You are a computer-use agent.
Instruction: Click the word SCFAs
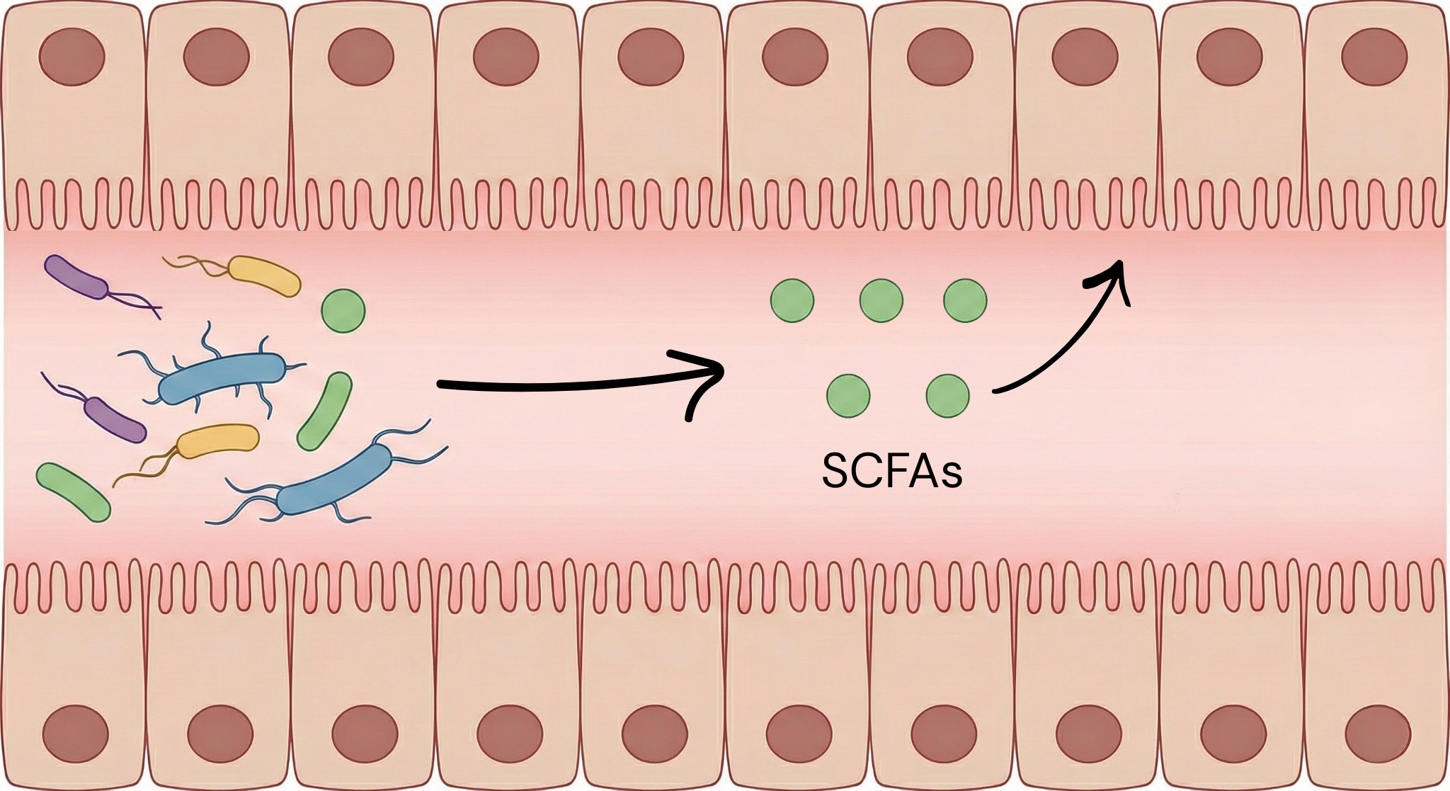(x=891, y=470)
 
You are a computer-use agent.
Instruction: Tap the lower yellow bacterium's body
(x=217, y=441)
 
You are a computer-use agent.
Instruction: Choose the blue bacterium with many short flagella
(x=222, y=378)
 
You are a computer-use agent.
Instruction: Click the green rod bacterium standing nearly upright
(x=324, y=411)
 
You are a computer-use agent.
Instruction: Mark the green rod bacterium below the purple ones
(x=74, y=492)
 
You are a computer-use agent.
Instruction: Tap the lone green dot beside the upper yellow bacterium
(x=343, y=310)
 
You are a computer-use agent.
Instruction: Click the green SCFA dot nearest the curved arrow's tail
(x=947, y=395)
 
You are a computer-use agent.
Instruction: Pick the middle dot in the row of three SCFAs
(x=881, y=300)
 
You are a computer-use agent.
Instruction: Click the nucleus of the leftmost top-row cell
(x=72, y=57)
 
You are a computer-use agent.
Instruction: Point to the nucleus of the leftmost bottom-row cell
(x=76, y=734)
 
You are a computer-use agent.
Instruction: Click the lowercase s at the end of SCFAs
(x=950, y=476)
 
